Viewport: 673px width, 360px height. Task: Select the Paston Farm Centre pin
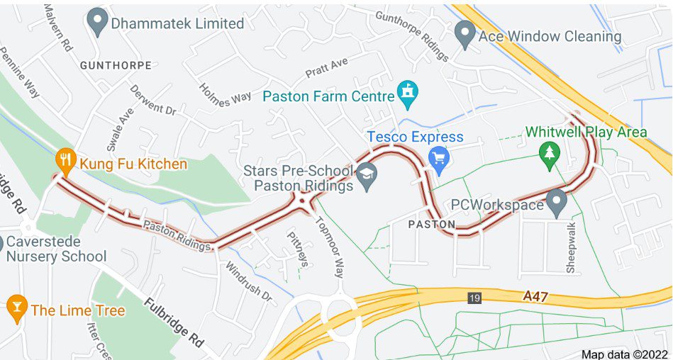[408, 95]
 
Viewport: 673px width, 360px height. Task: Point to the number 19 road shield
[474, 298]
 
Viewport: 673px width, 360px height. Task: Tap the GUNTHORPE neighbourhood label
[116, 65]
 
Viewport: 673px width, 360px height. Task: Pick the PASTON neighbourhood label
[432, 224]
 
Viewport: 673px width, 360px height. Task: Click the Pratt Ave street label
[326, 68]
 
